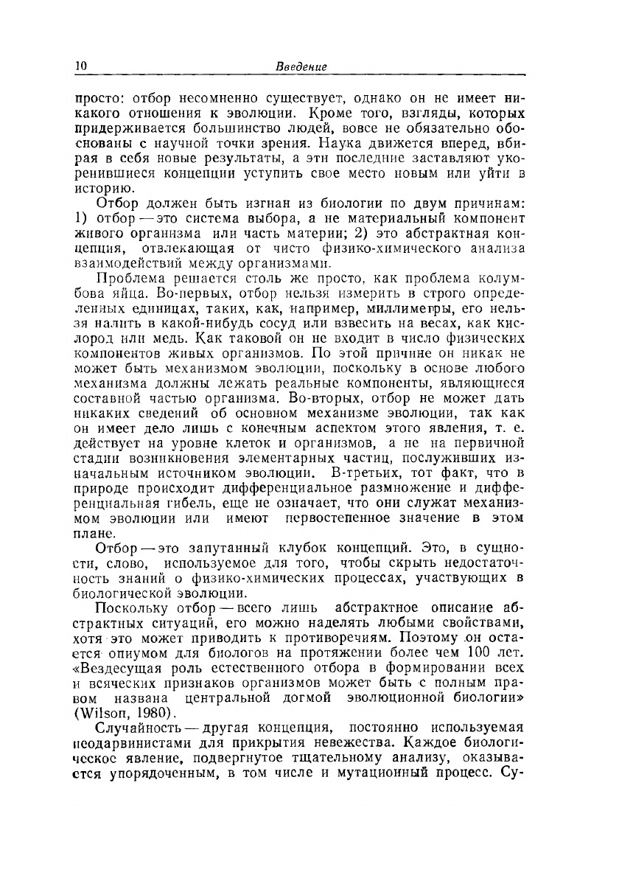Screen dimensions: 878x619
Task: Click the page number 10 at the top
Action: (80, 66)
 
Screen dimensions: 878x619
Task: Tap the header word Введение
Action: (301, 67)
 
